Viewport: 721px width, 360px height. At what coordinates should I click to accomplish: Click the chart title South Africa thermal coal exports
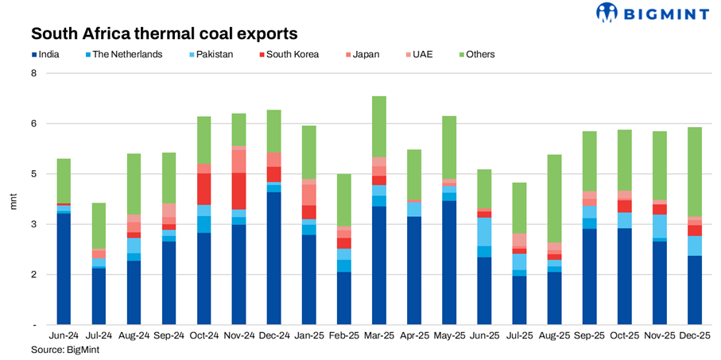(x=164, y=33)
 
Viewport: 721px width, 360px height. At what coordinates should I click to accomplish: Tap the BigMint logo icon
(x=607, y=12)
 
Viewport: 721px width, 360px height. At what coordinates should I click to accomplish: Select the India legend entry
(x=53, y=55)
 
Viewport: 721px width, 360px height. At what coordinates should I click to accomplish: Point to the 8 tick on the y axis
(x=33, y=73)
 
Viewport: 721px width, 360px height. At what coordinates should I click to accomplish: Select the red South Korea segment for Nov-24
(x=238, y=191)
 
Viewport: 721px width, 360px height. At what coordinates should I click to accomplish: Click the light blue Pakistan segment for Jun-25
(x=484, y=231)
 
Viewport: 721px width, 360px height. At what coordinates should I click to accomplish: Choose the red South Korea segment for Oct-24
(x=204, y=189)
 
